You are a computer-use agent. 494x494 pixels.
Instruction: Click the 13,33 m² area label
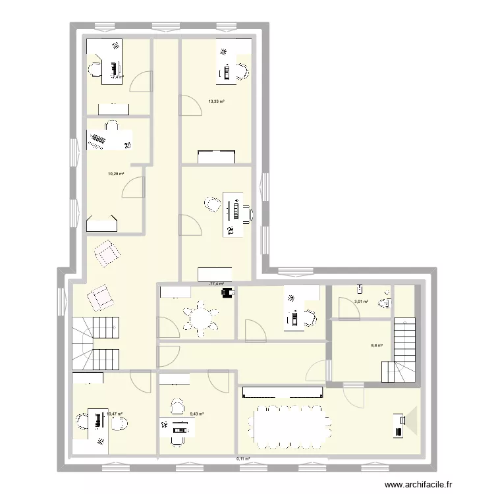[x=216, y=101]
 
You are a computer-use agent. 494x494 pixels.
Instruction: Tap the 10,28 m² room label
[x=116, y=174]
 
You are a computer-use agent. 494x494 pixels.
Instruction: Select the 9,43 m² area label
[x=196, y=414]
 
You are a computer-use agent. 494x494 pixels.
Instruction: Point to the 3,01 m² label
[x=360, y=302]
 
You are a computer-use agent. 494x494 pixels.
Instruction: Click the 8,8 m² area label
[x=377, y=344]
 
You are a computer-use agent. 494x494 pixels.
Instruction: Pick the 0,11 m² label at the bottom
[x=244, y=459]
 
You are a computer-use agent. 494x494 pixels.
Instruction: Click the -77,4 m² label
[x=216, y=284]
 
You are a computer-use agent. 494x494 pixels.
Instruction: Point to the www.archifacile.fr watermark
[x=420, y=484]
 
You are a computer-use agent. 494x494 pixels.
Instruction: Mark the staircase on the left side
[x=96, y=342]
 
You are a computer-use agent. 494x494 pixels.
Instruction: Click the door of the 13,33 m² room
[x=190, y=105]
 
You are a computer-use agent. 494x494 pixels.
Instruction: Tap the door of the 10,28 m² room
[x=132, y=187]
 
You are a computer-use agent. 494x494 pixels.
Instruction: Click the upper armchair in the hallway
[x=107, y=253]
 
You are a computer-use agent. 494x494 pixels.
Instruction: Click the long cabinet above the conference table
[x=283, y=393]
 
